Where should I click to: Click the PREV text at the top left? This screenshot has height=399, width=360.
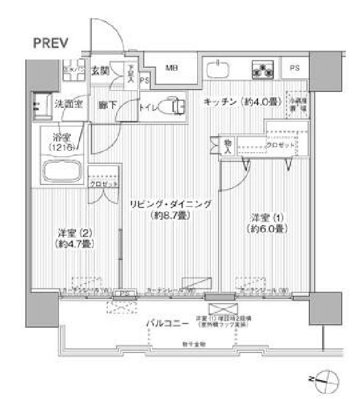(52, 42)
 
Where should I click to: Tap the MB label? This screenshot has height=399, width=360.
(171, 68)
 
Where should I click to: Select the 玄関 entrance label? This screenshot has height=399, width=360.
(100, 71)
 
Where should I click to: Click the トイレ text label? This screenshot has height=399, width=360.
(148, 107)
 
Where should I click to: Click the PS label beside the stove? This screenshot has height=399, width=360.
(295, 69)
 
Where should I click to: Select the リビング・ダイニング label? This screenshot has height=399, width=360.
(170, 204)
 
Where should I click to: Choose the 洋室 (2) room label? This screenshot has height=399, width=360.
(73, 232)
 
